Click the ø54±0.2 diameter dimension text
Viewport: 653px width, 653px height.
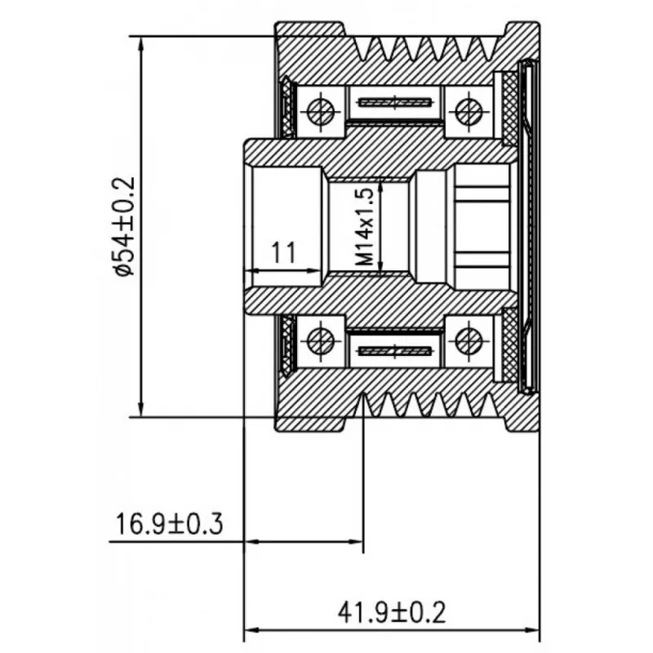[x=124, y=226]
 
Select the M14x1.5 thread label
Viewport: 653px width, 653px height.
[x=365, y=227]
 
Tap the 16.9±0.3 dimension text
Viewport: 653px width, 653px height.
[x=169, y=524]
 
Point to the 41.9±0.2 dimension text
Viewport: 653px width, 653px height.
[x=392, y=612]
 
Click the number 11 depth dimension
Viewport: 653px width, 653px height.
[x=283, y=252]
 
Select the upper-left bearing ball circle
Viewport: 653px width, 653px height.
[x=321, y=111]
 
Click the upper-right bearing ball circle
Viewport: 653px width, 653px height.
[x=469, y=111]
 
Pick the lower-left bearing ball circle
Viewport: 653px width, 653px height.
[x=321, y=341]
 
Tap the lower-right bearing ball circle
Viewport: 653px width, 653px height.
[x=469, y=341]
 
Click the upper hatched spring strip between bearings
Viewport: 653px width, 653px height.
[x=394, y=102]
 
